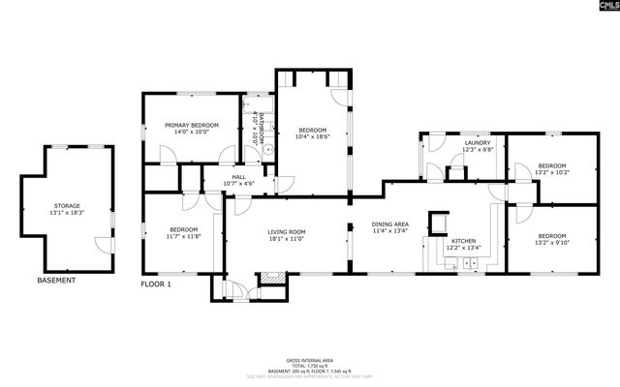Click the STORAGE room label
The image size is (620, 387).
68,206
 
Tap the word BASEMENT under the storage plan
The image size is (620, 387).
55,281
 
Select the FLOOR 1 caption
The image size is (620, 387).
156,284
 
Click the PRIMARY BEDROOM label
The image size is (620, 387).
191,125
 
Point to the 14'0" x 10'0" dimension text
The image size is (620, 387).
191,133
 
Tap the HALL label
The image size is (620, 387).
237,177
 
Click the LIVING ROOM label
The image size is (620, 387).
287,231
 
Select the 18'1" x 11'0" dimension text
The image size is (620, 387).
287,239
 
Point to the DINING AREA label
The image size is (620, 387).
390,224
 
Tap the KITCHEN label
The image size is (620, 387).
463,239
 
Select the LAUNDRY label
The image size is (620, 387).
478,143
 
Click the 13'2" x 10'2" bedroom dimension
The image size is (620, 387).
551,172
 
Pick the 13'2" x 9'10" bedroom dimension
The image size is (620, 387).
551,244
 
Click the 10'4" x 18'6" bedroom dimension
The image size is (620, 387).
312,137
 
